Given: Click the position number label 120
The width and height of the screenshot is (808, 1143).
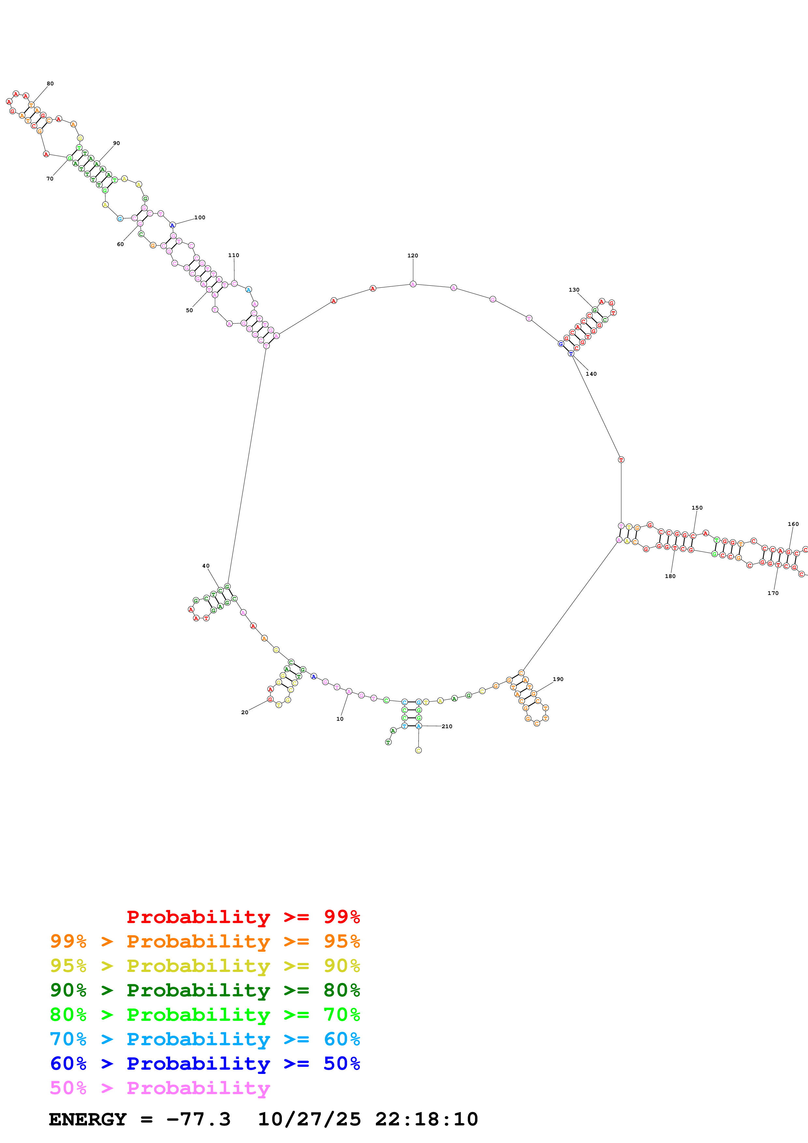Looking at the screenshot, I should (413, 255).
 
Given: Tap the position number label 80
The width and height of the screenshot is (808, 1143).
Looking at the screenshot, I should (50, 84).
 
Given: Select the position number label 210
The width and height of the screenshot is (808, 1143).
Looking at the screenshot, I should (447, 726).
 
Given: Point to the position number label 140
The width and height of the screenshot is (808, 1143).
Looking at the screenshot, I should (591, 374).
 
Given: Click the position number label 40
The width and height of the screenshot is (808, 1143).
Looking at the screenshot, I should (206, 566).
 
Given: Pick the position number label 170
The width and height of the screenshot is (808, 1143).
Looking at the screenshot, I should (773, 593).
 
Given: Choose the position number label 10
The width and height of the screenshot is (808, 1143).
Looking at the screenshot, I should (340, 719).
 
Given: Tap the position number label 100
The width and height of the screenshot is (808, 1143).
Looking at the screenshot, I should (199, 218).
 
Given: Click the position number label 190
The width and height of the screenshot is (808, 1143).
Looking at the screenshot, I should (558, 679).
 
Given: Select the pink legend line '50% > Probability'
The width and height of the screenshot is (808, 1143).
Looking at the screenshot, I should (160, 1088).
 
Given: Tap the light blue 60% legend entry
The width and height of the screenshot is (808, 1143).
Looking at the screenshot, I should (205, 1039).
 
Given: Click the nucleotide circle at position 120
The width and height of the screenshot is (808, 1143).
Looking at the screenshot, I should (413, 284).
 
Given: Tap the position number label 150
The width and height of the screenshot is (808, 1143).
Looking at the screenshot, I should (697, 508).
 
